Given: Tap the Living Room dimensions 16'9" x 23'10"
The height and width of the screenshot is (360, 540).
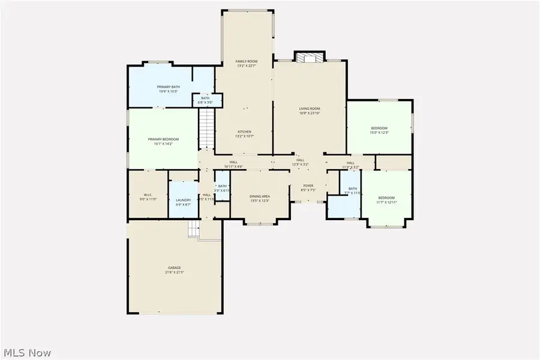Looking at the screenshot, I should pos(310,113).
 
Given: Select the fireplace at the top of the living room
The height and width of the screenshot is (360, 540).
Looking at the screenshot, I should pos(310,57).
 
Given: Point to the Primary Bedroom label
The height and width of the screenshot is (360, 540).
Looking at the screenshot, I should pos(163,139).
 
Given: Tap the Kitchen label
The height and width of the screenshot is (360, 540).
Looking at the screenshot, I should pos(244,131).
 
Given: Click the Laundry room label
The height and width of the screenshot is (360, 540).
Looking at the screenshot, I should pos(184,200).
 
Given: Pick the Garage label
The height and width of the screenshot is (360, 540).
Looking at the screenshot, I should pos(174,268).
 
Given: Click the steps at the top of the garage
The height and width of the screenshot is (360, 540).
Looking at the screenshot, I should pos(194,228).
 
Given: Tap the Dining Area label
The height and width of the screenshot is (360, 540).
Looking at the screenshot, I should pos(260,196).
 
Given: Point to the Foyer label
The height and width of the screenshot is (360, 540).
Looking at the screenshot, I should pos(308,186).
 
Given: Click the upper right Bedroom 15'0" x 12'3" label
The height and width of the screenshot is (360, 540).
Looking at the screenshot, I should pos(379,128).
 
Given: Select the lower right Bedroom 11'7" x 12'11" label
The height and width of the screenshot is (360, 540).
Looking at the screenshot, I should pos(386,198).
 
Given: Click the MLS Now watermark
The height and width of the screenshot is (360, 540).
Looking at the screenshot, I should pos(28,353).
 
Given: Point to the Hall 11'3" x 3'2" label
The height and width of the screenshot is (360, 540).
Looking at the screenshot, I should pos(350,163).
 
